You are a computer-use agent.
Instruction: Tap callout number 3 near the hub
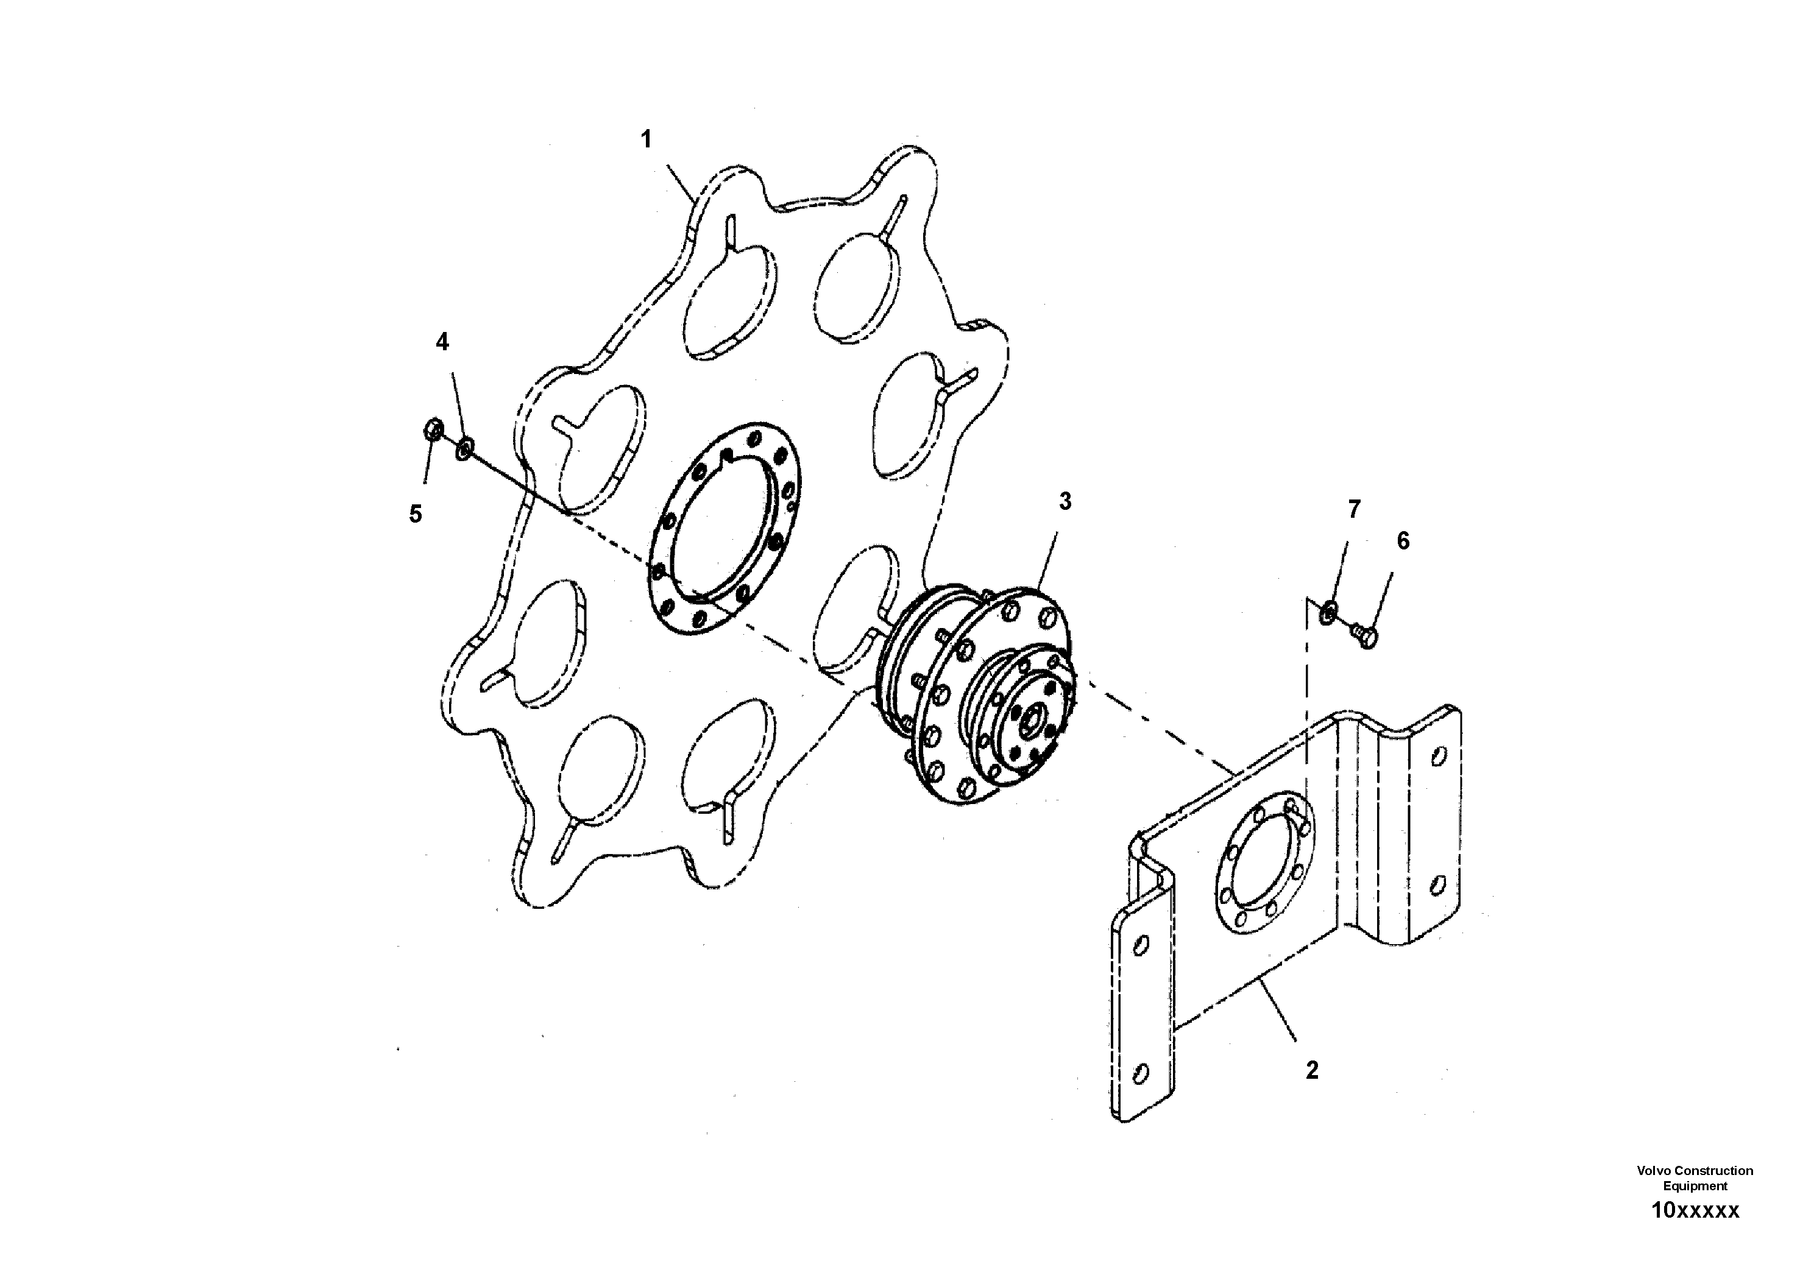coord(1065,501)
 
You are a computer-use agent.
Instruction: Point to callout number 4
coord(442,342)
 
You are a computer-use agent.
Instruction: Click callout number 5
coord(416,514)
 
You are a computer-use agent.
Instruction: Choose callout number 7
coord(1354,510)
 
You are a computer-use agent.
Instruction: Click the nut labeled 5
coord(432,431)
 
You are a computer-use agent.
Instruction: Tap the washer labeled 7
coord(1330,610)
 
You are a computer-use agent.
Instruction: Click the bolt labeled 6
coord(1366,633)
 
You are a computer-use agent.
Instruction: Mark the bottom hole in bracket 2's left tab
coord(1140,1073)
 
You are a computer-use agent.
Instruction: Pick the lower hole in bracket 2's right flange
coord(1439,881)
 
